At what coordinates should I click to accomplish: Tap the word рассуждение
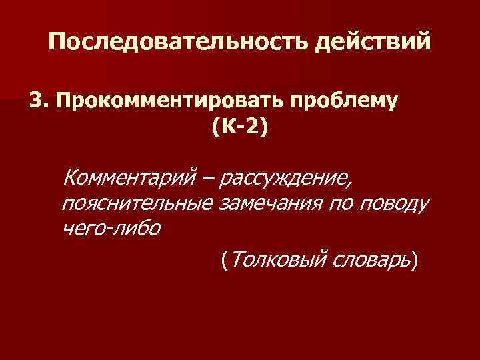[288, 179]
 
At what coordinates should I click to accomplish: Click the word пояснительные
[137, 203]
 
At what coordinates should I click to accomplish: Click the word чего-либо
[110, 227]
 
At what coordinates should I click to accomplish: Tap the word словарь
[369, 260]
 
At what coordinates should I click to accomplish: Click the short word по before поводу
[342, 203]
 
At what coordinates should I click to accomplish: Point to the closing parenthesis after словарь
[416, 260]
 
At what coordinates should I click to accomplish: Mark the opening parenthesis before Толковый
[225, 260]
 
